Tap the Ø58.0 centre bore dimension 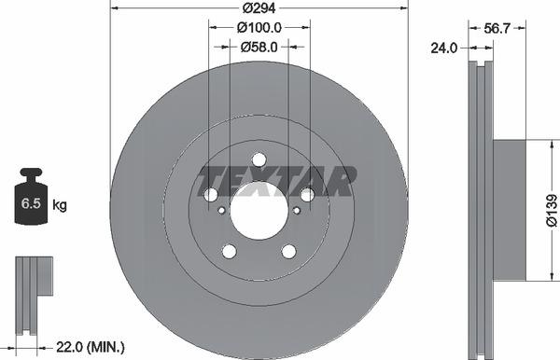click(x=259, y=45)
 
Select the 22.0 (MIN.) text click(x=90, y=347)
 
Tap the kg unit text click(x=60, y=203)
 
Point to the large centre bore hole click(x=259, y=206)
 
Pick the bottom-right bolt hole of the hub click(x=288, y=251)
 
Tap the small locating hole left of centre click(x=220, y=211)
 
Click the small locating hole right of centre click(x=297, y=211)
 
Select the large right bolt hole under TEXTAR click(x=306, y=194)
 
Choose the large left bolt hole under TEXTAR click(x=211, y=194)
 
